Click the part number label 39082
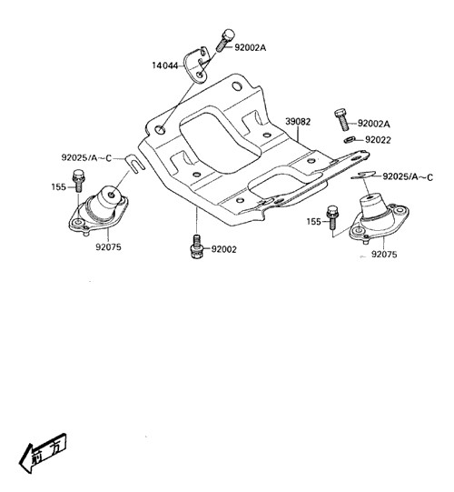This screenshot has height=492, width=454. pyautogui.click(x=298, y=122)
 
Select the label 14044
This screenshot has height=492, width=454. pyautogui.click(x=165, y=65)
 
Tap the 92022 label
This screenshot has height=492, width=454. pyautogui.click(x=378, y=140)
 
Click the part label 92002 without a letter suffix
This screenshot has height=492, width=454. pyautogui.click(x=224, y=249)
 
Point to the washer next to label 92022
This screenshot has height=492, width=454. pyautogui.click(x=349, y=140)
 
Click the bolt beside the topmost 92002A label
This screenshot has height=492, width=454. pyautogui.click(x=224, y=40)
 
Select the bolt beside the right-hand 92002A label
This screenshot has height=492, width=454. pyautogui.click(x=341, y=119)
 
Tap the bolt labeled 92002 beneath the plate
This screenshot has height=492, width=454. pyautogui.click(x=196, y=246)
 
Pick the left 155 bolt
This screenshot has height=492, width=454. pyautogui.click(x=77, y=181)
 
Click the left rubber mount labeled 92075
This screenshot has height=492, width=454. pyautogui.click(x=99, y=209)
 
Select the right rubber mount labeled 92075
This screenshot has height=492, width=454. pyautogui.click(x=378, y=219)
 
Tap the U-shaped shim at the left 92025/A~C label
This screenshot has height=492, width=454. pyautogui.click(x=134, y=164)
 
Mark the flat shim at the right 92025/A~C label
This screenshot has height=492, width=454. pyautogui.click(x=364, y=175)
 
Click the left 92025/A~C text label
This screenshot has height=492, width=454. pyautogui.click(x=86, y=157)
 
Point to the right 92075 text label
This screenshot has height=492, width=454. pyautogui.click(x=384, y=254)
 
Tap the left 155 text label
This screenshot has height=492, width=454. pyautogui.click(x=59, y=187)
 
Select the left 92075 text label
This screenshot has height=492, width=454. pyautogui.click(x=108, y=247)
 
